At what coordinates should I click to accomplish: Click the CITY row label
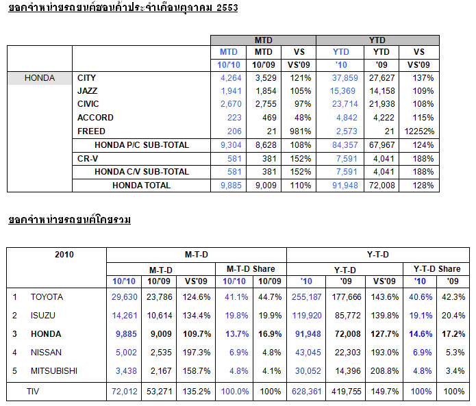(87, 78)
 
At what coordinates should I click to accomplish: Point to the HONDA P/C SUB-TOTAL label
(142, 144)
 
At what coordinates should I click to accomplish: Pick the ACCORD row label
(96, 118)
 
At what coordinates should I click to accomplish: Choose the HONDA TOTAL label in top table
(142, 185)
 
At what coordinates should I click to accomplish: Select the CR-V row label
(88, 158)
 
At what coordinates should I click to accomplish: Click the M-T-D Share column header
(251, 269)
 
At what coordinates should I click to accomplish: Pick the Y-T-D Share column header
(437, 269)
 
